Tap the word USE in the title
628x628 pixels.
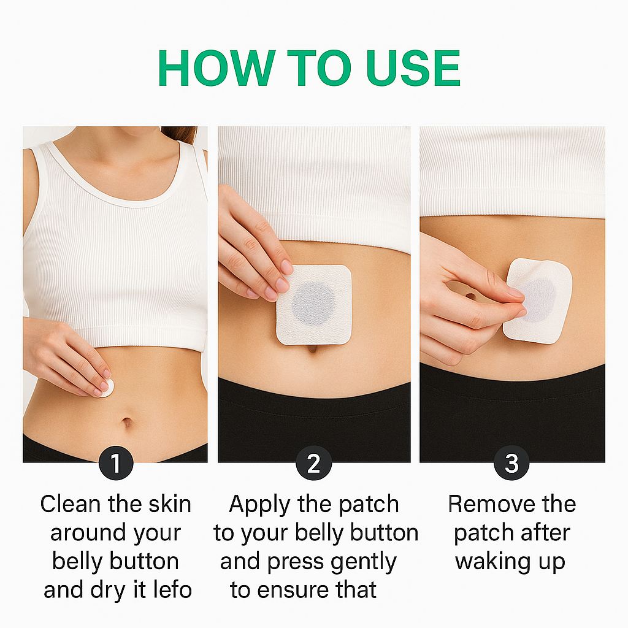point(413,67)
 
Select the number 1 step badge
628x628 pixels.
point(116,463)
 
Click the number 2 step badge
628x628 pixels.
point(313,463)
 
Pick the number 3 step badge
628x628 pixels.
point(511,463)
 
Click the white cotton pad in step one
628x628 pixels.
point(108,388)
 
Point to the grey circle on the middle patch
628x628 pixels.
point(313,303)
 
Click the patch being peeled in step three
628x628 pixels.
point(537,301)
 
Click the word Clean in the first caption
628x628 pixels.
point(71,504)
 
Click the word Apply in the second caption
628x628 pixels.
point(259,505)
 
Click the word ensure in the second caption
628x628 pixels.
point(293,591)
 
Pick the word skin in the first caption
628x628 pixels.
point(170,504)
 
